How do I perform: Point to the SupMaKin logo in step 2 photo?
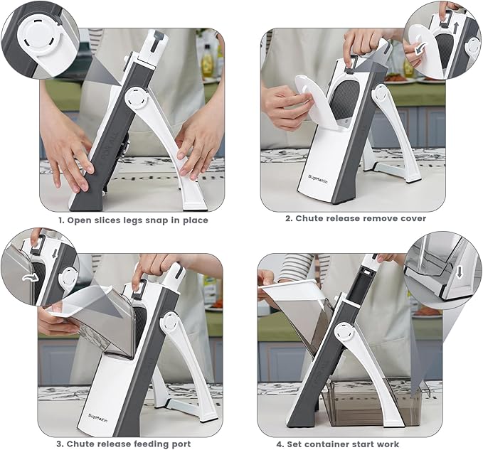(x=318, y=179)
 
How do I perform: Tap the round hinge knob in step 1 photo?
(x=137, y=98)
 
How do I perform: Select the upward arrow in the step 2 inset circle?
(x=457, y=27)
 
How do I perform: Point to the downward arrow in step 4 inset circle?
(x=460, y=272)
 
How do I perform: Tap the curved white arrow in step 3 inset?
(x=31, y=278)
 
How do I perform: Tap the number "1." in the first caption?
(x=61, y=220)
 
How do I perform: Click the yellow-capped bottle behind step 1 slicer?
(x=207, y=60)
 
